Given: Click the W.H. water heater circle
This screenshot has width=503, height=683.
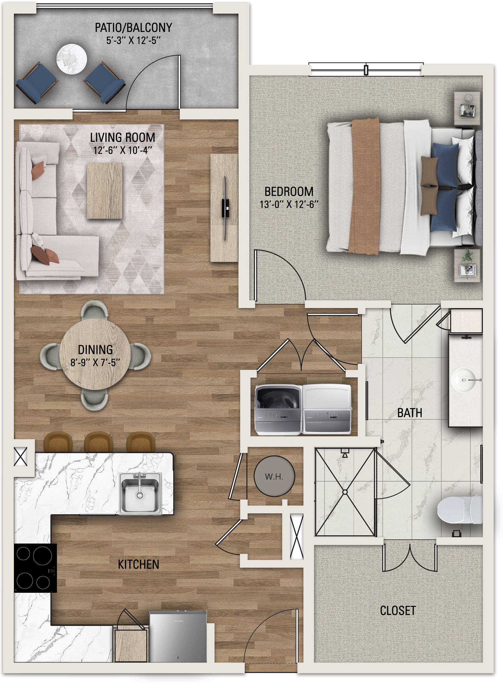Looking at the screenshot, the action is (x=274, y=476).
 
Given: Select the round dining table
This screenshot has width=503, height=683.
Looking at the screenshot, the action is (x=95, y=354).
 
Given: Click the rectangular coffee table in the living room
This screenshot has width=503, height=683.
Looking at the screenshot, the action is (x=105, y=191).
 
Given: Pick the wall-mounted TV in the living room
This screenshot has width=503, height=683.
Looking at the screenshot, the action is (x=225, y=208).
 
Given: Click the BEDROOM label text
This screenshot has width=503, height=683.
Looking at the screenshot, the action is (x=289, y=192).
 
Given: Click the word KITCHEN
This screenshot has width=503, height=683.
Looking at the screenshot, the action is (x=139, y=564).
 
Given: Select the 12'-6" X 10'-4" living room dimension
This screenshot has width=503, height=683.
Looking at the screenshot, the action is (x=123, y=150).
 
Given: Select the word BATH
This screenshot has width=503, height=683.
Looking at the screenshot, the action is (x=410, y=413).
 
